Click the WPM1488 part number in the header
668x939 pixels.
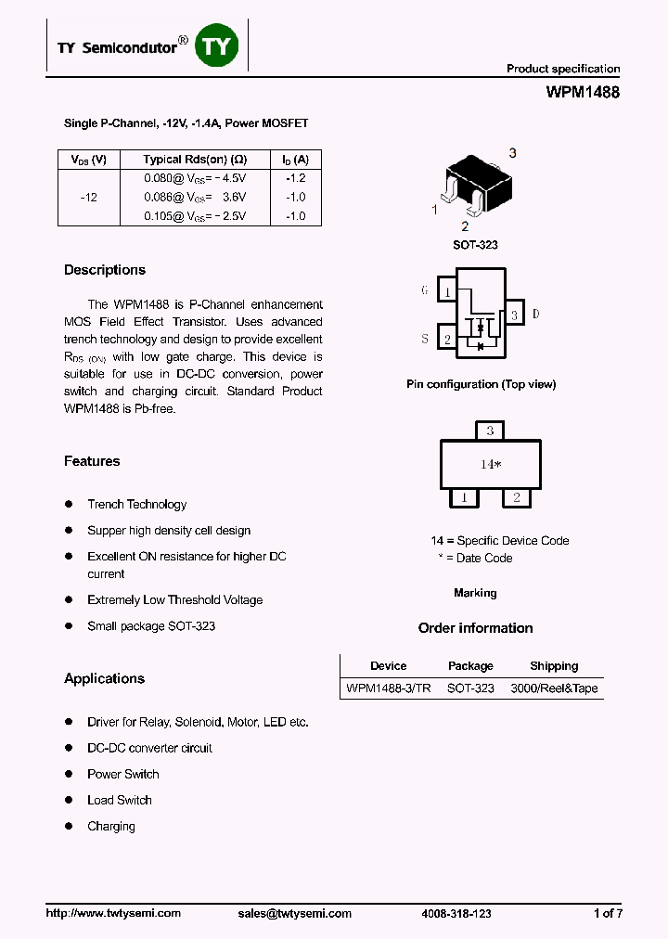pos(583,93)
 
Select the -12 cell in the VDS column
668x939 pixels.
pos(88,198)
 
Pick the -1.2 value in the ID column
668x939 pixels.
pos(295,178)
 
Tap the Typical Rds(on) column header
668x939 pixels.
pos(195,160)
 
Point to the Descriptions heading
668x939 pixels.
pos(105,270)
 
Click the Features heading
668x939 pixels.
pos(92,461)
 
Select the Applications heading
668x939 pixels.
pos(104,678)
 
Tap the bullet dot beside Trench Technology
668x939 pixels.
pos(69,504)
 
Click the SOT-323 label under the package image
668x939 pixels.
pos(475,245)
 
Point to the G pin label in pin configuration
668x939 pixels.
pos(425,290)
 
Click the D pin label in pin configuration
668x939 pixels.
pos(535,315)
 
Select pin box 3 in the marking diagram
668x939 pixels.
pos(489,431)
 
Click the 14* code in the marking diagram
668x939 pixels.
pos(490,464)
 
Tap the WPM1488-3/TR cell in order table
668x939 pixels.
pos(388,688)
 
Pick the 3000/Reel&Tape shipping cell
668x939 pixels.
pos(554,688)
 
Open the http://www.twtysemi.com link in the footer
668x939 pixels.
pos(113,913)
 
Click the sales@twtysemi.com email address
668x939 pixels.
pos(295,913)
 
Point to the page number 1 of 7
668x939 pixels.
pos(608,913)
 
